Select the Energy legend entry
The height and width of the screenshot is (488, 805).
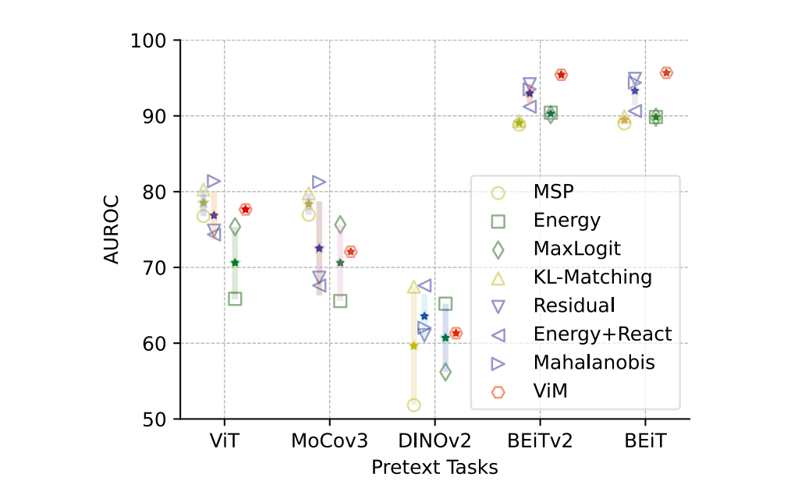click(567, 221)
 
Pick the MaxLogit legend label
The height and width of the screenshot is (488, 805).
click(577, 249)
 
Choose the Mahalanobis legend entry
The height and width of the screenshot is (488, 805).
click(594, 362)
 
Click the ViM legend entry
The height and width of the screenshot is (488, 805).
click(550, 391)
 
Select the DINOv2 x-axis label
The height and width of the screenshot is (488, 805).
click(435, 441)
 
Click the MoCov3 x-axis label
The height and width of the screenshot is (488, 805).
click(329, 441)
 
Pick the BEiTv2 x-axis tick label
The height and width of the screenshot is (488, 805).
click(540, 441)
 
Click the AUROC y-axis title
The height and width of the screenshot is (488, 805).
click(113, 229)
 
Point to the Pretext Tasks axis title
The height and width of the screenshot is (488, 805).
click(434, 467)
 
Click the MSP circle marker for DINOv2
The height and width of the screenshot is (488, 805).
click(413, 405)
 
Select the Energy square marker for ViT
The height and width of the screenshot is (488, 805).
click(235, 299)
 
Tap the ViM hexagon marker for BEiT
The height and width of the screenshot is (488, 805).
click(666, 72)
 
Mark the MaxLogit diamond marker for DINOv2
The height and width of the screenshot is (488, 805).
click(445, 373)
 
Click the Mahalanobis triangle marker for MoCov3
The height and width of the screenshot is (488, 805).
click(319, 182)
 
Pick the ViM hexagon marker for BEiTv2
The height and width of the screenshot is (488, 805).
click(561, 75)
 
